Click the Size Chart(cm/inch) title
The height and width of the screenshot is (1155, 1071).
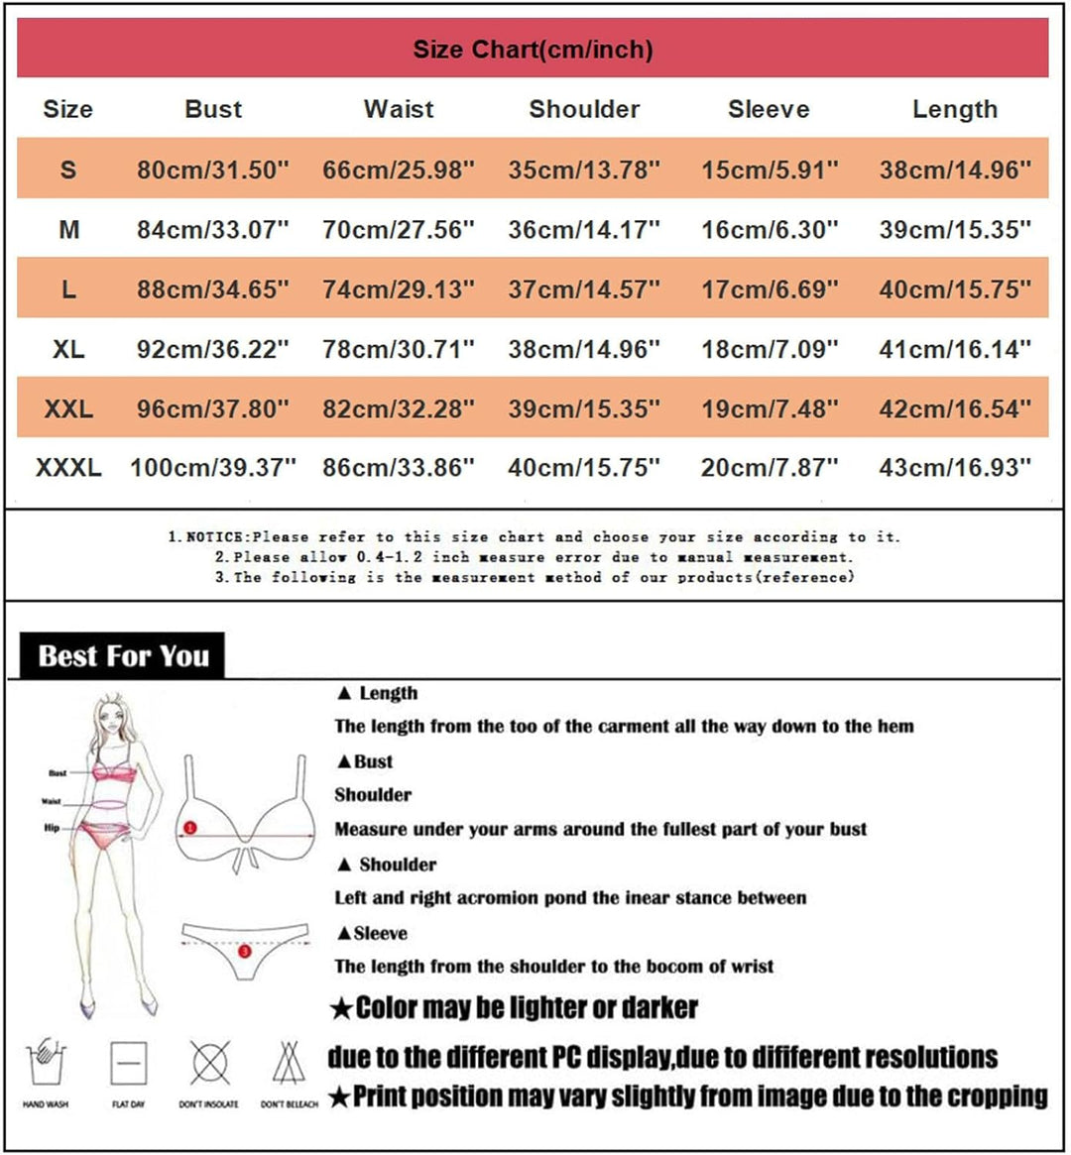click(x=533, y=50)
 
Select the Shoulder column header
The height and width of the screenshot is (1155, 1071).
click(x=584, y=109)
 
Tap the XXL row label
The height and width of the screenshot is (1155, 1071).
click(x=68, y=408)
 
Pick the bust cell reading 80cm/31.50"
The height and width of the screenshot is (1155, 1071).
click(x=213, y=170)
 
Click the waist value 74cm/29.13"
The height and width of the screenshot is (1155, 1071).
click(x=399, y=289)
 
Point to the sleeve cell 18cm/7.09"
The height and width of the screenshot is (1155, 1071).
click(x=770, y=349)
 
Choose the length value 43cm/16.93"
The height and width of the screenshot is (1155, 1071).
click(x=955, y=467)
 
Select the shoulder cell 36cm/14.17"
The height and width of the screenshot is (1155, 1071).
click(x=584, y=230)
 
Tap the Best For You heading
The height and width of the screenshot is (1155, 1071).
click(x=123, y=656)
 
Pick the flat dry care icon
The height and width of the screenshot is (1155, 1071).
click(x=129, y=1065)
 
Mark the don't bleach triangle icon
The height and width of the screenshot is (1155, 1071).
click(x=289, y=1064)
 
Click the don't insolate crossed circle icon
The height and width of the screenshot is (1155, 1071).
click(x=209, y=1064)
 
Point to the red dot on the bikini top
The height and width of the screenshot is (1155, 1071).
click(x=190, y=827)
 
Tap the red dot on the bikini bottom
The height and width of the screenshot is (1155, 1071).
click(x=245, y=951)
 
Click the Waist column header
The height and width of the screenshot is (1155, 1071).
click(x=399, y=109)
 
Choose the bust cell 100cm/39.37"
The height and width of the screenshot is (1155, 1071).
click(x=213, y=467)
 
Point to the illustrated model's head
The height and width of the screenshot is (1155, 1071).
click(x=112, y=714)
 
